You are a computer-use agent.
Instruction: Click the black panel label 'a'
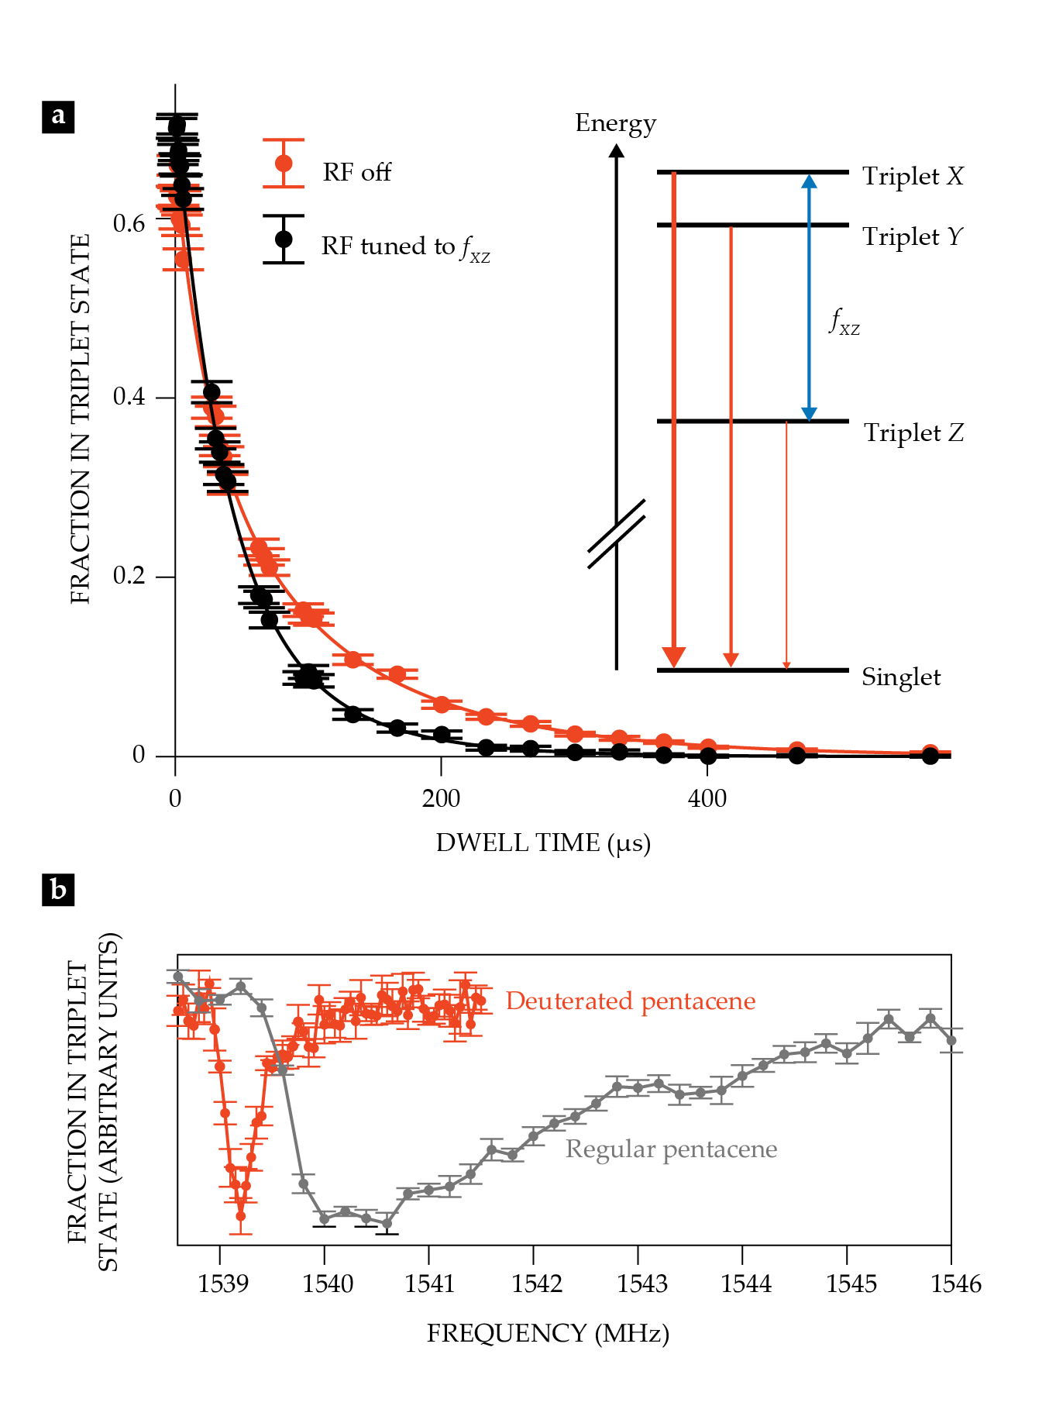58,117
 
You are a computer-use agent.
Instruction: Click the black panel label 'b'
58,890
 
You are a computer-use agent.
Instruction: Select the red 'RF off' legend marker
284,164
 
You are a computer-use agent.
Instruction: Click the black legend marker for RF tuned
284,239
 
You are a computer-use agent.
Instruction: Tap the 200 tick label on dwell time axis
441,798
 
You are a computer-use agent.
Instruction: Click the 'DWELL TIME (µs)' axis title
543,842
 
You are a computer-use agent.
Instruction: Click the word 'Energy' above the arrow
615,123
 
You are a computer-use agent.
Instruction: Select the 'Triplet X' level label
913,176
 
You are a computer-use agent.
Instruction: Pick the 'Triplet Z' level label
913,432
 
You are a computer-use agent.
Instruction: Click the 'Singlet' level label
901,677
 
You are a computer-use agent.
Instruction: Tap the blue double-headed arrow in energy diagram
809,298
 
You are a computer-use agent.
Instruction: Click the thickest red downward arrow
674,419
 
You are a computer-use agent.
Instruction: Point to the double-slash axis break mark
617,534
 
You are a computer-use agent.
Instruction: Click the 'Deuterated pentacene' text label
630,1001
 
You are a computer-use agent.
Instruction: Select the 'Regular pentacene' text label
671,1149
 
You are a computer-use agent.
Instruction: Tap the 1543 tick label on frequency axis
641,1284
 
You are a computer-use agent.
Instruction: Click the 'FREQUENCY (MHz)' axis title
548,1333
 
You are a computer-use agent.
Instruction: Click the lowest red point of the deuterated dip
241,1216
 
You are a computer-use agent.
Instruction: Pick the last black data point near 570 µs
930,756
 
